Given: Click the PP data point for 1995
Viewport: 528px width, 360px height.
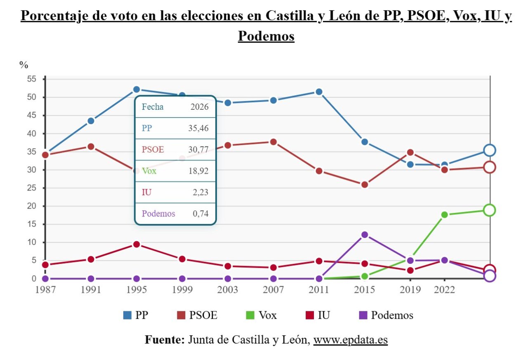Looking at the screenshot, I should [x=137, y=89].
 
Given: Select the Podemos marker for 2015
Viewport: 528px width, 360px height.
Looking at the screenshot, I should [x=364, y=235].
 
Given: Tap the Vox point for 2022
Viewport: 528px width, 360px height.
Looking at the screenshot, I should [x=444, y=215].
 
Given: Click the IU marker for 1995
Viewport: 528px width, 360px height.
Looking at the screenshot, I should [x=137, y=245].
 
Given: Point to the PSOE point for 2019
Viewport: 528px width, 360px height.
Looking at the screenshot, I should [x=410, y=153].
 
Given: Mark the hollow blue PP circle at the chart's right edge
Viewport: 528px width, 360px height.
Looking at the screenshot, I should [x=490, y=151].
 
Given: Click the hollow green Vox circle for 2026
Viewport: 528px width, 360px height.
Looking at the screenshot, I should [x=490, y=210].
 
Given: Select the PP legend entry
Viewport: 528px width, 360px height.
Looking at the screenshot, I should [x=136, y=315].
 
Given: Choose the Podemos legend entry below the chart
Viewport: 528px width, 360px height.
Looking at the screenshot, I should [x=386, y=315].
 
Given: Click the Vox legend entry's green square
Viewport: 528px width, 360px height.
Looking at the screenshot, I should [x=249, y=315].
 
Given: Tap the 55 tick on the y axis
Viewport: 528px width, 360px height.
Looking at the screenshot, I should [x=32, y=79].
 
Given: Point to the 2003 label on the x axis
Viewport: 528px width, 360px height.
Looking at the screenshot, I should [x=228, y=290].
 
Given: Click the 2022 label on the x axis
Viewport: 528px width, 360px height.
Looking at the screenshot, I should [x=444, y=290].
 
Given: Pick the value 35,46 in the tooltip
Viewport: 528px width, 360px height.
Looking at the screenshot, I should [x=198, y=128].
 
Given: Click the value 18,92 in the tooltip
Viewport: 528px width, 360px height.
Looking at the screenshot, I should [x=198, y=171].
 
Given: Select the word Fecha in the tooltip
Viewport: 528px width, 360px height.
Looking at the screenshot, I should [x=153, y=107].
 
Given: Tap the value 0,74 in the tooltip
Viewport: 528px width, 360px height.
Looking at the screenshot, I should [x=200, y=214].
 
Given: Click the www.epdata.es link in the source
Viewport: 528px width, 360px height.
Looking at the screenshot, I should [x=350, y=340].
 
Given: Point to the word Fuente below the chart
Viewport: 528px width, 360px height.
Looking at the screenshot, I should [x=164, y=340].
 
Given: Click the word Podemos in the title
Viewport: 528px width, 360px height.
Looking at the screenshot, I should [x=266, y=36].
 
